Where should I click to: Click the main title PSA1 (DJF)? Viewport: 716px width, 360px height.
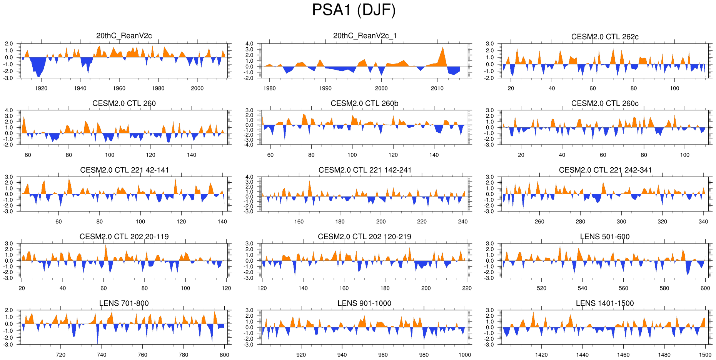(x=354, y=10)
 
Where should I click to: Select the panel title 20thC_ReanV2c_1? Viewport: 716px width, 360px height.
(x=364, y=36)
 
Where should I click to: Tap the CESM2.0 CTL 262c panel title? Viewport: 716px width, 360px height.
(x=604, y=37)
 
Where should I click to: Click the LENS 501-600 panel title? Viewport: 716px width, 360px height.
(x=604, y=237)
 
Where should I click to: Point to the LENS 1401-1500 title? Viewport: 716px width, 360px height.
(x=604, y=303)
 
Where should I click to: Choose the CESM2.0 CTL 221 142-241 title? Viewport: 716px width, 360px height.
(x=364, y=170)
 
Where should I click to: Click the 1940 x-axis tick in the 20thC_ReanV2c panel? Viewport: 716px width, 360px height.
(x=80, y=88)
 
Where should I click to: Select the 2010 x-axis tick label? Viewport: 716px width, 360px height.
(x=437, y=88)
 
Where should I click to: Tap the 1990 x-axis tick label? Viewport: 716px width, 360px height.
(x=325, y=88)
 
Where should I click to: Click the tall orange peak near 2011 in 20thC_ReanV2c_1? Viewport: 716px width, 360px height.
(x=443, y=48)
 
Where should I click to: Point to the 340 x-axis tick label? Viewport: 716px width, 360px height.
(x=703, y=222)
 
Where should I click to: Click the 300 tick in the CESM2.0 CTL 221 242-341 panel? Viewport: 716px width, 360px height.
(x=621, y=222)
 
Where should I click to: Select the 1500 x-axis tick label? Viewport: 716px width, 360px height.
(x=705, y=355)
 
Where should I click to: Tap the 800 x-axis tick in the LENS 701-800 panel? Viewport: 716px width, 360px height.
(x=224, y=355)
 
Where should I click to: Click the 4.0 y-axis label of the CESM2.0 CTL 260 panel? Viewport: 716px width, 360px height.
(x=9, y=110)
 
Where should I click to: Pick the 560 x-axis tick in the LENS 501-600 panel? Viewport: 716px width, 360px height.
(x=623, y=288)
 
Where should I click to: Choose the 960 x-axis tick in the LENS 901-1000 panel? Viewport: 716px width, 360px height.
(x=383, y=355)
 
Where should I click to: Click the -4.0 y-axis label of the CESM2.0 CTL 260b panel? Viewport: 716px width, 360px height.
(x=249, y=145)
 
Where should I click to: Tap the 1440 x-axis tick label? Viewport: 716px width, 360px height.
(x=582, y=355)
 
